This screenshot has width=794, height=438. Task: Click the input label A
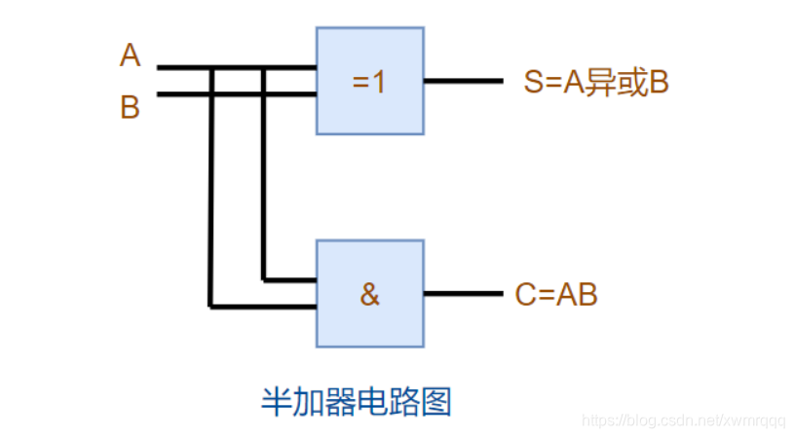pyautogui.click(x=130, y=55)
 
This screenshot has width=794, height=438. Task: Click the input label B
pyautogui.click(x=130, y=106)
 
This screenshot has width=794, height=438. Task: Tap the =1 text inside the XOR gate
pyautogui.click(x=369, y=82)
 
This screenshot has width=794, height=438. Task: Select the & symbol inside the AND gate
pyautogui.click(x=369, y=294)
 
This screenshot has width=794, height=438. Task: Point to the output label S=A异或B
pyautogui.click(x=595, y=83)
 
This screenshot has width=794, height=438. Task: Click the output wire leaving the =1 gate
pyautogui.click(x=463, y=82)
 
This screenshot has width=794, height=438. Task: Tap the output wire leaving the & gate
pyautogui.click(x=463, y=294)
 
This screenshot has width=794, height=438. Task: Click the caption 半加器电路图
pyautogui.click(x=358, y=401)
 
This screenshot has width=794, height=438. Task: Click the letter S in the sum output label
pyautogui.click(x=532, y=83)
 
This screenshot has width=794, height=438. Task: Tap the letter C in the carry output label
pyautogui.click(x=524, y=294)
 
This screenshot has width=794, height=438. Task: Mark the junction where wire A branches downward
pyautogui.click(x=210, y=68)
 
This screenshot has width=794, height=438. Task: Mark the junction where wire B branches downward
pyautogui.click(x=263, y=94)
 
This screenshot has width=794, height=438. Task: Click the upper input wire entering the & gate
pyautogui.click(x=292, y=280)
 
